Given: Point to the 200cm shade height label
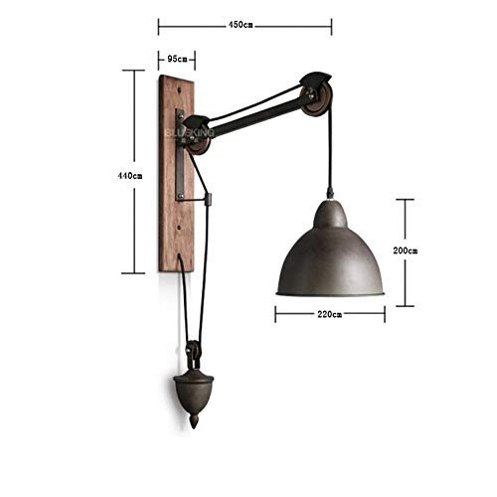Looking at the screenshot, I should click(x=405, y=251).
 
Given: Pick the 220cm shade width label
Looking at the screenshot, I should click(x=329, y=314).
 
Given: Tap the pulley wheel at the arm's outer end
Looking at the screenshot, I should click(x=316, y=95).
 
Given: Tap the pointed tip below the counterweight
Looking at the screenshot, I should click(x=194, y=421).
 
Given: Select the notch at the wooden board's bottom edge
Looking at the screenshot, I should click(x=179, y=263).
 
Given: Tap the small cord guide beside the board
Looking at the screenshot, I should click(x=207, y=198).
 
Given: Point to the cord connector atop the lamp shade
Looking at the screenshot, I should click(x=329, y=194).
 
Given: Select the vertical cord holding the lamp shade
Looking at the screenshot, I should click(x=329, y=149).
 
